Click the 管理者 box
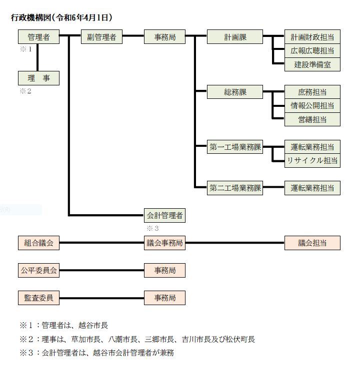click(x=38, y=36)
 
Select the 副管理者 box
click(x=101, y=36)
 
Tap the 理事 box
click(x=38, y=78)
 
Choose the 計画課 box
click(x=235, y=36)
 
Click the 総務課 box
click(x=235, y=92)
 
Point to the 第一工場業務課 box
click(x=235, y=147)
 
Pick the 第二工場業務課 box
click(x=235, y=188)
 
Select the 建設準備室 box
click(x=312, y=64)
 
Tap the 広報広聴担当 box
click(x=312, y=50)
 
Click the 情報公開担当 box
click(x=312, y=105)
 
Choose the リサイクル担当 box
click(x=312, y=160)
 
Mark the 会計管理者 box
click(x=164, y=215)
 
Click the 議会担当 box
click(x=312, y=243)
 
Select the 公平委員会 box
click(x=38, y=270)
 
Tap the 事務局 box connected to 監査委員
click(x=164, y=298)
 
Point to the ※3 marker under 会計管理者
click(x=152, y=228)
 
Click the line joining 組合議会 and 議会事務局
click(x=101, y=243)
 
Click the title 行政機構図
click(x=31, y=18)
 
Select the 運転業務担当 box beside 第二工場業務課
click(x=312, y=188)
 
